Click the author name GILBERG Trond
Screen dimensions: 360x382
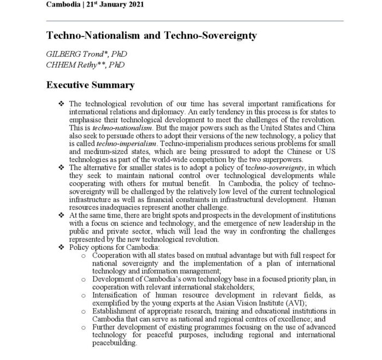pos(76,55)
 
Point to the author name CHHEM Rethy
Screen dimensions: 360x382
pos(75,65)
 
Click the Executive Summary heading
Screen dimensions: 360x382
pos(89,85)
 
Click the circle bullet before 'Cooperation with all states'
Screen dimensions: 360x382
pos(83,255)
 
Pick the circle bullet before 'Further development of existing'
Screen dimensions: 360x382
pos(83,327)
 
